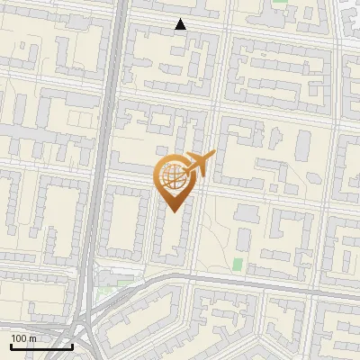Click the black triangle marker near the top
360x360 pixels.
[181, 25]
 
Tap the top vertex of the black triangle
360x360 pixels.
[181, 19]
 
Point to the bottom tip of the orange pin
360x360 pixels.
[173, 212]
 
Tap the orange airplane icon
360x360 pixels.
[198, 165]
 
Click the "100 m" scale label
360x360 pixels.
[23, 338]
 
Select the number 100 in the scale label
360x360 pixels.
[19, 338]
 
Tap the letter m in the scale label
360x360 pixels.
[32, 338]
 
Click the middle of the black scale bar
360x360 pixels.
[40, 346]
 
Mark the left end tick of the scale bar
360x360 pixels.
[10, 345]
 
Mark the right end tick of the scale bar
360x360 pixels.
[72, 345]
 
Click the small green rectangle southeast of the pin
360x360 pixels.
[238, 265]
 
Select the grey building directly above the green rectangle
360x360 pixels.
[243, 238]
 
